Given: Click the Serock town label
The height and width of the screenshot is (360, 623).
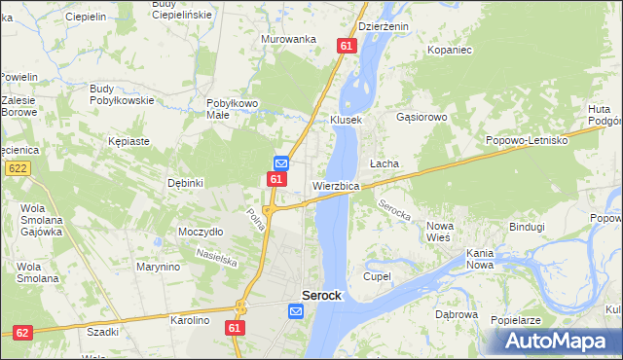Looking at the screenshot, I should click(x=321, y=296).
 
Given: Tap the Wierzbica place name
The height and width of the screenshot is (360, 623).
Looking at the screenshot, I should click(x=337, y=186).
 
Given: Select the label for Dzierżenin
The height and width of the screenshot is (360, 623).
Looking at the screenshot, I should click(x=384, y=27).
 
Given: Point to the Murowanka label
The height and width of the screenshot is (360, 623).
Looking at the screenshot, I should click(x=289, y=39).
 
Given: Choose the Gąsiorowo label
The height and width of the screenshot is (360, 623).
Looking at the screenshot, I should click(x=421, y=117).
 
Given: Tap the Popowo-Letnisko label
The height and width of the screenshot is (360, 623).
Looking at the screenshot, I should click(x=527, y=140).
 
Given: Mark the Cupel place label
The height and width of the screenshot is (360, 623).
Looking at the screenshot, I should click(x=377, y=276).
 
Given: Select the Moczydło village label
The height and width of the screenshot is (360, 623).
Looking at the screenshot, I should click(x=201, y=232).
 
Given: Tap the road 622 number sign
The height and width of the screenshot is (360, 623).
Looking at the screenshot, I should click(x=17, y=168).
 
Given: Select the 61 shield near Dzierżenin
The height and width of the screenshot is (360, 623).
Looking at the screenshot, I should click(x=347, y=46).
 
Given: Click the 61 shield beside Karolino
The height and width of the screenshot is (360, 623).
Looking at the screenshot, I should click(x=235, y=329).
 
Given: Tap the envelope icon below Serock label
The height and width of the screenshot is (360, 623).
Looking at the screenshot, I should click(x=297, y=311).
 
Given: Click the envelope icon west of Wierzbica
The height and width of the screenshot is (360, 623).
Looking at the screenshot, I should click(x=280, y=162).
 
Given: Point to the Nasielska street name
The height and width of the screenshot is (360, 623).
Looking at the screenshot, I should click(x=216, y=256).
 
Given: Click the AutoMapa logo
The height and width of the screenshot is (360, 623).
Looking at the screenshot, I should click(x=556, y=341).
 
